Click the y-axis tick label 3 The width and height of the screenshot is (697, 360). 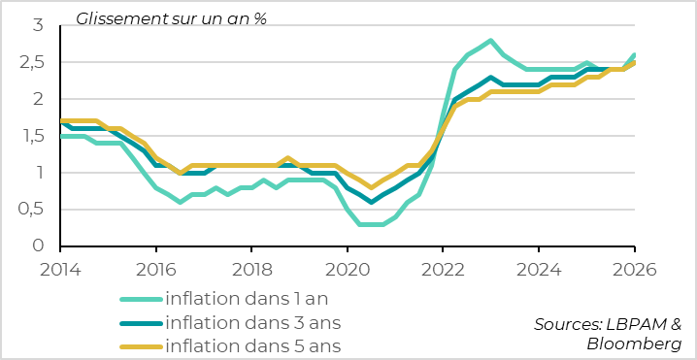[x=38, y=25]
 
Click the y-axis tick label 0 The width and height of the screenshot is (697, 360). [x=38, y=246]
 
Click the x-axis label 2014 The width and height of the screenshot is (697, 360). [x=60, y=268]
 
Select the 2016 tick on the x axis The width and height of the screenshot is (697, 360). [x=155, y=268]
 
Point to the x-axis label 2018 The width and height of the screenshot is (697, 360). [x=250, y=268]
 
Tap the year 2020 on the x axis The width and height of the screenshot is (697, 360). [x=348, y=268]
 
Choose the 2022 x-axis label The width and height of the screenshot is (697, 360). [x=444, y=268]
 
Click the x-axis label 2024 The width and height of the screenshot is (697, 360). [x=539, y=268]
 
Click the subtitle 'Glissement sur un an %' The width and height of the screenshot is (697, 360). [x=171, y=18]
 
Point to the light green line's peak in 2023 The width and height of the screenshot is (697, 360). [x=491, y=41]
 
